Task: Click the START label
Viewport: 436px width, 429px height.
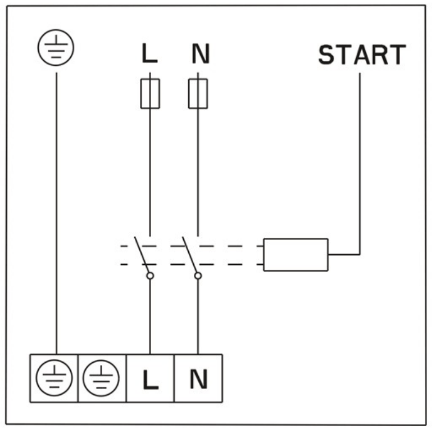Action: tap(362, 55)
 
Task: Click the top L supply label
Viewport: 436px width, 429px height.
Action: tap(149, 53)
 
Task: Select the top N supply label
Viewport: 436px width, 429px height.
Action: tap(201, 53)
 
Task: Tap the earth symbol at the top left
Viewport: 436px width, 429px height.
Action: tap(56, 48)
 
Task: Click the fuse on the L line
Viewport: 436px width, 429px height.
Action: tap(150, 94)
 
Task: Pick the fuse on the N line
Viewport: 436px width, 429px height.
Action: tap(198, 94)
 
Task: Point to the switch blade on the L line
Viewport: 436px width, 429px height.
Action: tap(142, 255)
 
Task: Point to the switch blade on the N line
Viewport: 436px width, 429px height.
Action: tap(190, 255)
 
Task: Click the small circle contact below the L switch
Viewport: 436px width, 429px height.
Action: tap(150, 276)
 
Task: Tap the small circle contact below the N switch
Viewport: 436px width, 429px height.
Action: tap(198, 276)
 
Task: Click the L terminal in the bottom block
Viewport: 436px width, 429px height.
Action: tap(150, 378)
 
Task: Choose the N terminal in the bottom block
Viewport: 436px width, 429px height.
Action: tap(198, 378)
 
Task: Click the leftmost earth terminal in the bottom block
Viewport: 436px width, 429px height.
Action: tap(54, 378)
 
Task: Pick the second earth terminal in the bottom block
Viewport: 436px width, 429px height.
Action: tap(102, 378)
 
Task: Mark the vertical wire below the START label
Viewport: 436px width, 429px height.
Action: tap(360, 164)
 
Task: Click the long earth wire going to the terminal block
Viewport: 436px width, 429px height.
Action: tap(57, 214)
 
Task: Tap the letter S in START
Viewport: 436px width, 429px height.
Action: tap(326, 55)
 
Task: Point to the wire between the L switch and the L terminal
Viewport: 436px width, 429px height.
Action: tap(150, 317)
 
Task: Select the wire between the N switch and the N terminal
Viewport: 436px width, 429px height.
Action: tap(198, 317)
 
